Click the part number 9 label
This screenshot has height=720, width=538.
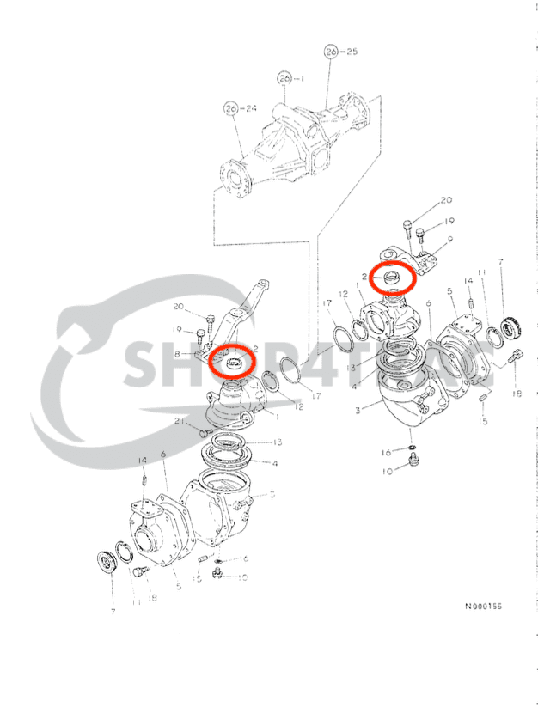(x=450, y=241)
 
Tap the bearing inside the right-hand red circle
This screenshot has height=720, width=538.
(x=389, y=277)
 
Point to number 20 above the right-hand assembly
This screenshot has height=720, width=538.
(x=446, y=199)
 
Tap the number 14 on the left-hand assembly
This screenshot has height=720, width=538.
(x=142, y=461)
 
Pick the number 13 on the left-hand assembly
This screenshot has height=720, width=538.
(x=277, y=442)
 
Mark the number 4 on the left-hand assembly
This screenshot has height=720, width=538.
(x=275, y=464)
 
